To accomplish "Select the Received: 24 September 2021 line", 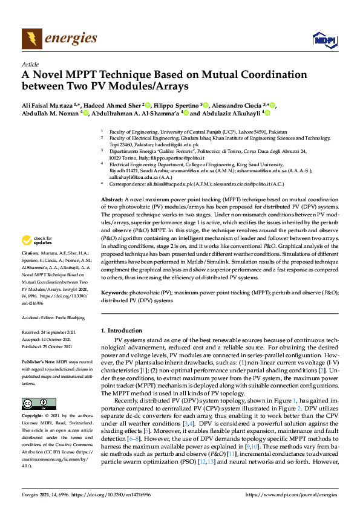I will point(49,332).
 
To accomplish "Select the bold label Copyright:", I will point(34,417).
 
